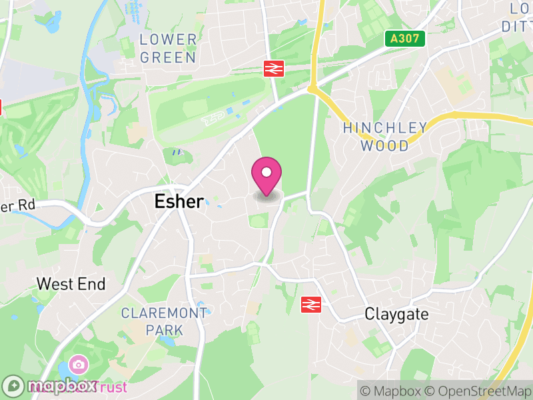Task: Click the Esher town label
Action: click(x=179, y=201)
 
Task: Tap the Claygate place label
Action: click(x=396, y=314)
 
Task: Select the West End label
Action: click(x=71, y=284)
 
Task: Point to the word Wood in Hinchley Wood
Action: click(x=385, y=145)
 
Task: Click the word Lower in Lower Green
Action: click(x=168, y=40)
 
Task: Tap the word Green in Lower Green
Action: click(x=168, y=57)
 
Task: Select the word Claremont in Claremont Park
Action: click(x=164, y=313)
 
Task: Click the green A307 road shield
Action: click(x=404, y=39)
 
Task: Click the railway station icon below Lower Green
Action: click(x=273, y=67)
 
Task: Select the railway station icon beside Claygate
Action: click(x=310, y=305)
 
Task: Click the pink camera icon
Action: click(x=78, y=365)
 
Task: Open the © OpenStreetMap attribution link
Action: click(x=478, y=391)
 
